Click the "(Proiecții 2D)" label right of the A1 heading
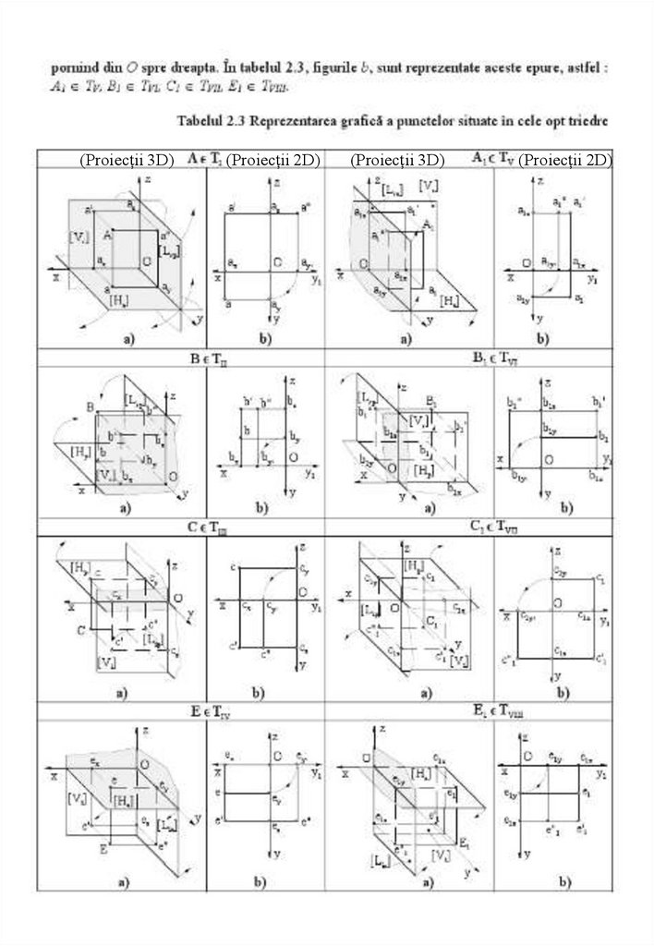565,160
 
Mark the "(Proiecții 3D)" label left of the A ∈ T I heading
127,160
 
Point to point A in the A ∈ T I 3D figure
109,236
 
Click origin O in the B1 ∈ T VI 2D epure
549,459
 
